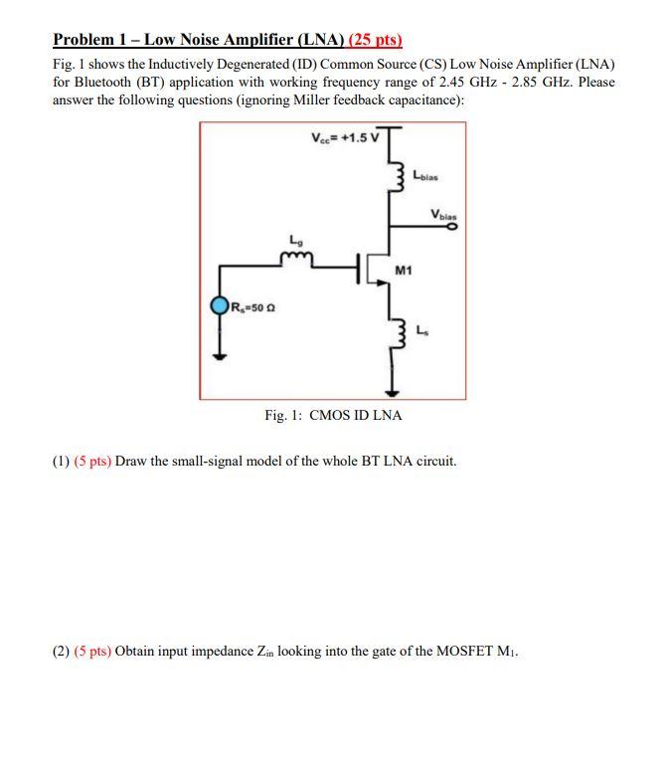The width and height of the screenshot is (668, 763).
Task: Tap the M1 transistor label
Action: tap(404, 270)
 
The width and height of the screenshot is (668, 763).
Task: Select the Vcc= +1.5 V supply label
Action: tap(345, 136)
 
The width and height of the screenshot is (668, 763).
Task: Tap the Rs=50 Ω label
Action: tap(251, 306)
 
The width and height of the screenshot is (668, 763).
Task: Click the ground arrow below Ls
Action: tap(392, 384)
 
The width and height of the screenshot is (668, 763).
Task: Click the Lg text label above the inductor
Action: tap(293, 240)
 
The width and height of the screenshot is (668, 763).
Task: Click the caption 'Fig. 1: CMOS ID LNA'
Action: tap(333, 415)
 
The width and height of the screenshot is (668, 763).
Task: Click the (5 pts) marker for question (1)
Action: tap(92, 462)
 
